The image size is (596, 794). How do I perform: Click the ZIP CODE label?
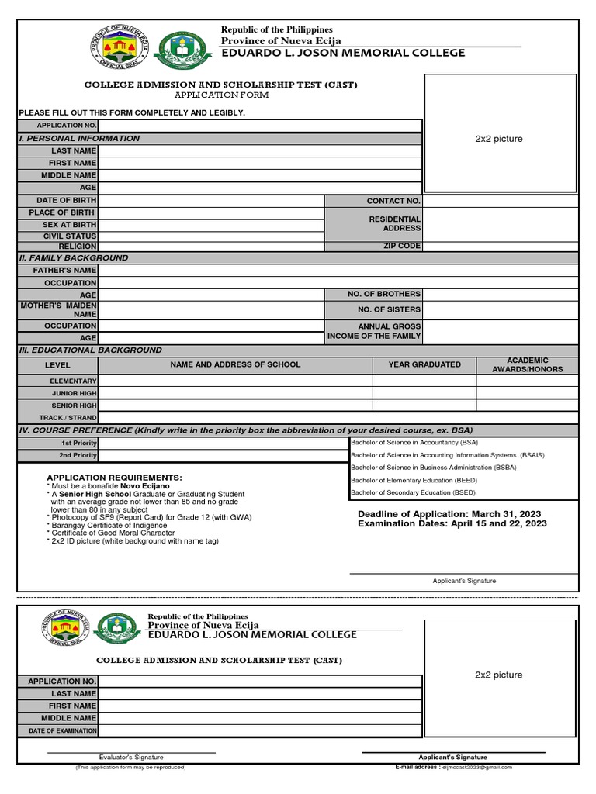coord(401,246)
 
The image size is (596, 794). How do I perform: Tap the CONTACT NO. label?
coord(393,201)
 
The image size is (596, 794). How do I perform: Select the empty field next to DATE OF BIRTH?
coord(210,201)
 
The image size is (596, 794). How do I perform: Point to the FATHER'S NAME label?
coord(64,271)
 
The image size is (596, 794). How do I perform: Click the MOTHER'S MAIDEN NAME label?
coord(59,310)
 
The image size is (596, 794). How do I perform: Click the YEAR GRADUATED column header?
coord(424,364)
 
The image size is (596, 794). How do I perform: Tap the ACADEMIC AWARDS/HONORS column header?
coord(527,365)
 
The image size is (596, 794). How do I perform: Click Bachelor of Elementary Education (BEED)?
coord(414,480)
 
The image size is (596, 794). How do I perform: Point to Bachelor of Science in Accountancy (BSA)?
coord(414,442)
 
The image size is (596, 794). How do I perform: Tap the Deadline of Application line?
coord(449,514)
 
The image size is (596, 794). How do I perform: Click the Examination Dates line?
coord(452,524)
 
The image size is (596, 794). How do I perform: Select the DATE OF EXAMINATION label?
coord(63,730)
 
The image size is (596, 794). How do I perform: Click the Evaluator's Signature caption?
coord(131,757)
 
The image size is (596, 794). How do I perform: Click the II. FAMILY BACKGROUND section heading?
coord(74,257)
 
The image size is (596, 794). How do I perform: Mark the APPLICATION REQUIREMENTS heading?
coord(114,478)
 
